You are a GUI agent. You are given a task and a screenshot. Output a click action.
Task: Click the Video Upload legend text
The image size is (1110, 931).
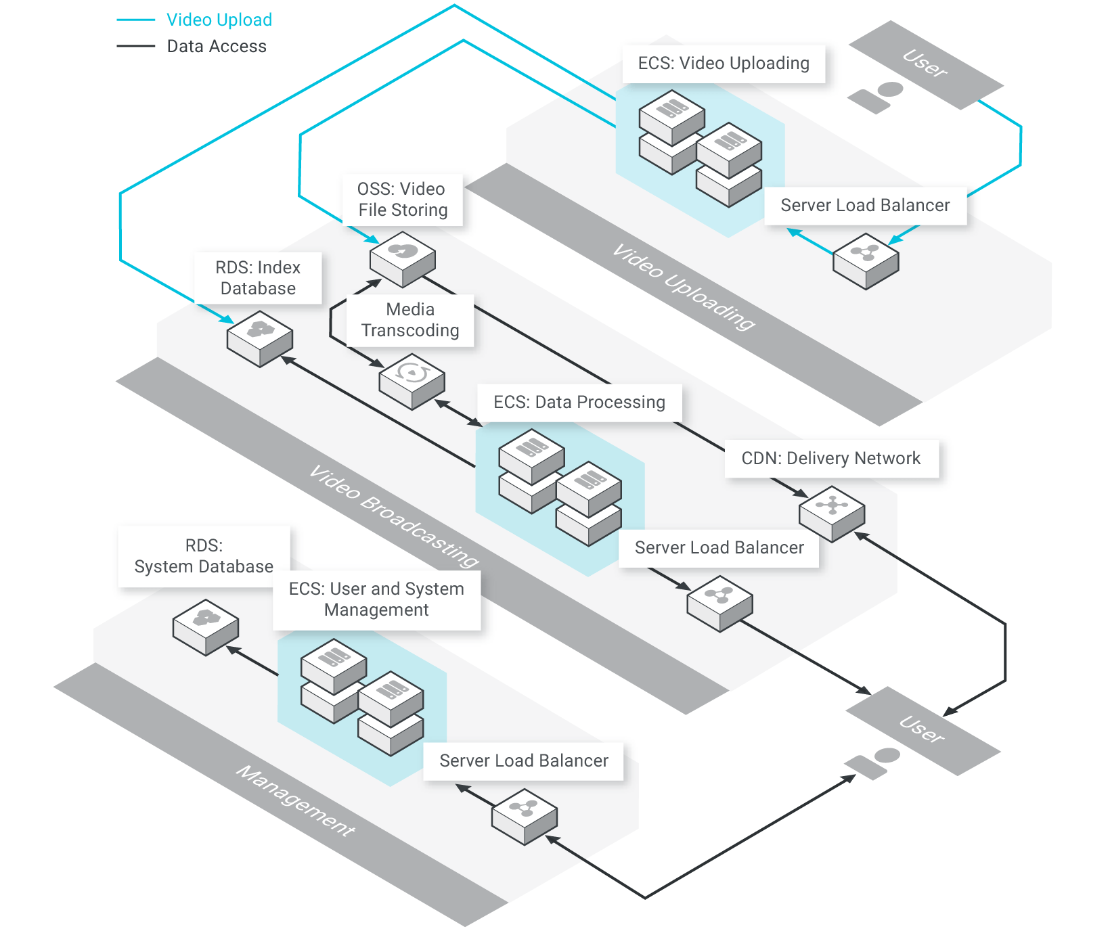tap(219, 20)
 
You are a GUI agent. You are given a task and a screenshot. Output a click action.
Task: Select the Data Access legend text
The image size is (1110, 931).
tap(217, 46)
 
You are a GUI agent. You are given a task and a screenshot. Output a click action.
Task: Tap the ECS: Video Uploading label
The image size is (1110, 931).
tap(724, 64)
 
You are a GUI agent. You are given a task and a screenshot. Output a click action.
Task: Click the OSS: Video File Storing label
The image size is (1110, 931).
tap(403, 200)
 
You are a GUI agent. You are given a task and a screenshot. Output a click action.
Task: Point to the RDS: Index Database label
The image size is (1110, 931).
tap(258, 278)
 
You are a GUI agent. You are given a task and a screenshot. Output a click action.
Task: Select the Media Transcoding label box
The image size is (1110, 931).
tap(410, 320)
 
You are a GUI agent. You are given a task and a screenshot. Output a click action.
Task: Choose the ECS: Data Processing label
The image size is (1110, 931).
tap(579, 403)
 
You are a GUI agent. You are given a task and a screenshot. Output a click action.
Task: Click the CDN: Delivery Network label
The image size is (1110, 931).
tap(831, 459)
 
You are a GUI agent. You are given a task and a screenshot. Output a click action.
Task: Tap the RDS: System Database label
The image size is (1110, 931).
tap(204, 556)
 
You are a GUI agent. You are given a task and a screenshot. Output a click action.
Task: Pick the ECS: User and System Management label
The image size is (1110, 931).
tap(376, 599)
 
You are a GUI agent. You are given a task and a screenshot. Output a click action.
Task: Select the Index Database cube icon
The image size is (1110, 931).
tap(260, 338)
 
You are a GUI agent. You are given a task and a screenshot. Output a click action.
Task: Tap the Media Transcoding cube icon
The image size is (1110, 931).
tap(412, 382)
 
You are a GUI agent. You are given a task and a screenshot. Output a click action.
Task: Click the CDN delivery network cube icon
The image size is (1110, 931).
tap(832, 514)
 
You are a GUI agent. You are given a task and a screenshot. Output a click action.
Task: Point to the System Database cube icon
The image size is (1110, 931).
tap(206, 627)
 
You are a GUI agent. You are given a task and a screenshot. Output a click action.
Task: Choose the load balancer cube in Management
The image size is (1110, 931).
tap(525, 817)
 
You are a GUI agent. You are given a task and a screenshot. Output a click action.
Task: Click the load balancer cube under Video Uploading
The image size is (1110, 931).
tap(866, 261)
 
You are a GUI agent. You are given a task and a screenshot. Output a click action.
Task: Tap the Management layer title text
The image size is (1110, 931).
tap(295, 801)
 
